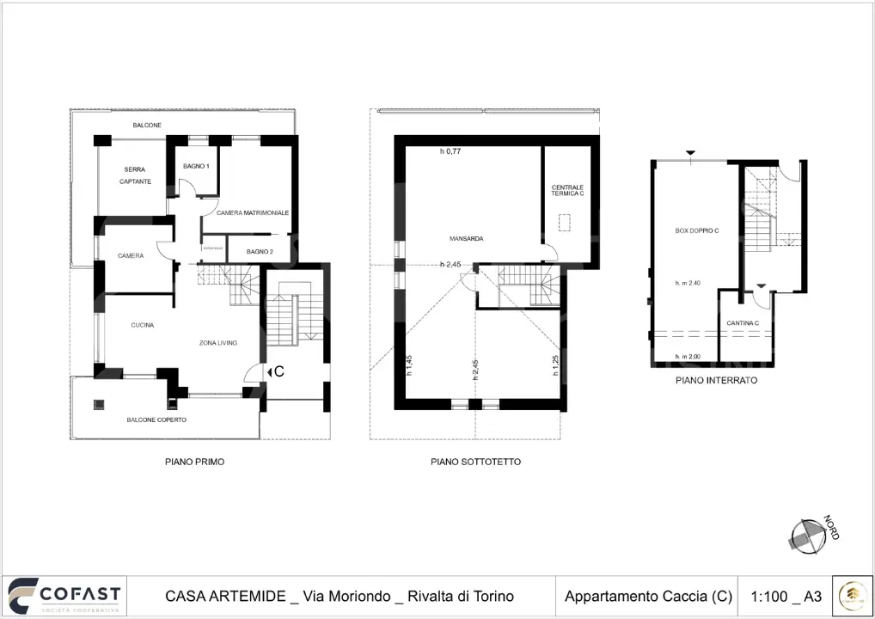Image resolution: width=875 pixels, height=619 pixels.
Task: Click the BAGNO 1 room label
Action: click(x=196, y=166)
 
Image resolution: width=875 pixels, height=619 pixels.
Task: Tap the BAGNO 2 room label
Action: click(x=260, y=251)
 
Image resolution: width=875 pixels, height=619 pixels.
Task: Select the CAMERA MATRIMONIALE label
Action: click(x=252, y=212)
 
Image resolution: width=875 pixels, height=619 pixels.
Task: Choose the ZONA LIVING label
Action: click(x=217, y=343)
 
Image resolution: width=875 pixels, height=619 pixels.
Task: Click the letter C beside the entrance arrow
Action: click(x=278, y=371)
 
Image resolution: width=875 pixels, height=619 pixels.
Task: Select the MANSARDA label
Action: click(x=465, y=238)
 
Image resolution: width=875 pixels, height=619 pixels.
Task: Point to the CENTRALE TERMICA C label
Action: click(x=567, y=191)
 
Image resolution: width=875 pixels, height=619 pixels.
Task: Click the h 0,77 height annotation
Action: click(x=450, y=151)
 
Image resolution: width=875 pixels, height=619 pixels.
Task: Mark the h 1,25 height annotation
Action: click(x=556, y=365)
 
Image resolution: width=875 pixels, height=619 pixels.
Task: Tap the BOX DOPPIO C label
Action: click(x=697, y=230)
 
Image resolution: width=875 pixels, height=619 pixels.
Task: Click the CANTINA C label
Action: click(x=743, y=323)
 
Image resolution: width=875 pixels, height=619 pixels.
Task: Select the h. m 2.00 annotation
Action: click(x=688, y=357)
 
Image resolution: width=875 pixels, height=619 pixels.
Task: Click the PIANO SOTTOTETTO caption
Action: click(x=475, y=462)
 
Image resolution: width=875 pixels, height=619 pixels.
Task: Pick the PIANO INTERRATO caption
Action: click(x=716, y=380)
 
